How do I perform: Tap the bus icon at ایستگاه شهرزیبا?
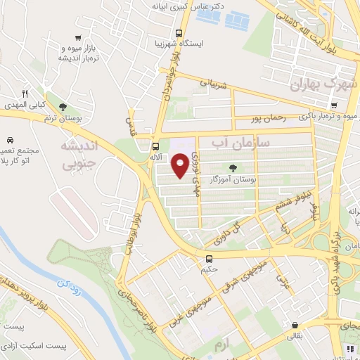[x=180, y=32]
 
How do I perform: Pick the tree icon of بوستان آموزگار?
[x=233, y=168]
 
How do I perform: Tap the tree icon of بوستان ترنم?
[x=64, y=108]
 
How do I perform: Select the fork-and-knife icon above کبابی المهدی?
[x=25, y=94]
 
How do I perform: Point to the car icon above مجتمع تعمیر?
[x=10, y=140]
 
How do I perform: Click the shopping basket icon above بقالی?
[x=295, y=326]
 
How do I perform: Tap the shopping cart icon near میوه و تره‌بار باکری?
[x=333, y=106]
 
